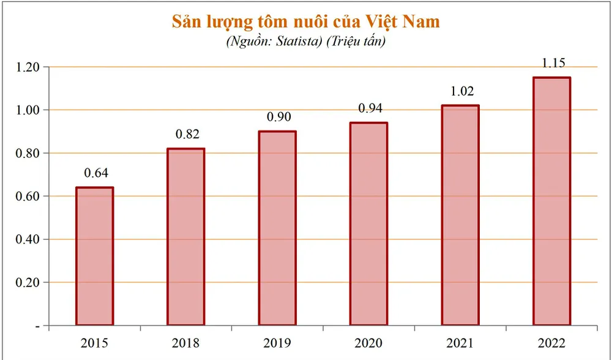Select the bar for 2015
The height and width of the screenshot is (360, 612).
pyautogui.click(x=94, y=256)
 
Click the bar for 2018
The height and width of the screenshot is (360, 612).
pyautogui.click(x=186, y=236)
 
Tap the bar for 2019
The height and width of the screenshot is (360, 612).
pyautogui.click(x=277, y=228)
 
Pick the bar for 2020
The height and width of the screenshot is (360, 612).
pyautogui.click(x=368, y=223)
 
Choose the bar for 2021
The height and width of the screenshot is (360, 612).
pyautogui.click(x=460, y=215)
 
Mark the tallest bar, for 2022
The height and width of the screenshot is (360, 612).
pyautogui.click(x=551, y=201)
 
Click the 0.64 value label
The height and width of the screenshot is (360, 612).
pyautogui.click(x=95, y=173)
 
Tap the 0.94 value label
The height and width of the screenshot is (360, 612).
pyautogui.click(x=369, y=108)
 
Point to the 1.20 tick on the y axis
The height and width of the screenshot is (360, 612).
pyautogui.click(x=28, y=67)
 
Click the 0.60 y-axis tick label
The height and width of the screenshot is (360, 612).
pyautogui.click(x=28, y=196)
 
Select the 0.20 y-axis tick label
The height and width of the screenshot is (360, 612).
pyautogui.click(x=28, y=282)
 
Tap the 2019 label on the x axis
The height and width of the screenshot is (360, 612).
pyautogui.click(x=277, y=343)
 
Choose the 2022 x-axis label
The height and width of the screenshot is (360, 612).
pyautogui.click(x=552, y=343)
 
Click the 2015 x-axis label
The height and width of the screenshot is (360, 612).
pyautogui.click(x=95, y=343)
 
